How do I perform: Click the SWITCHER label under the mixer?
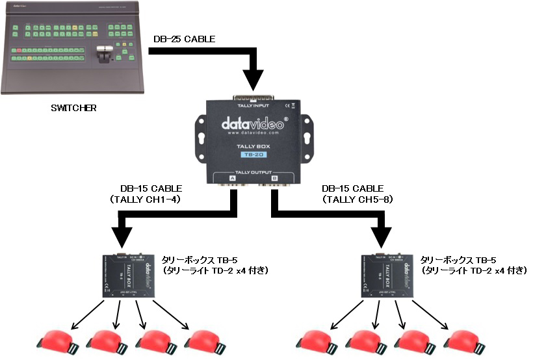click(73, 108)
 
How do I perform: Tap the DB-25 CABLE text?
click(184, 40)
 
